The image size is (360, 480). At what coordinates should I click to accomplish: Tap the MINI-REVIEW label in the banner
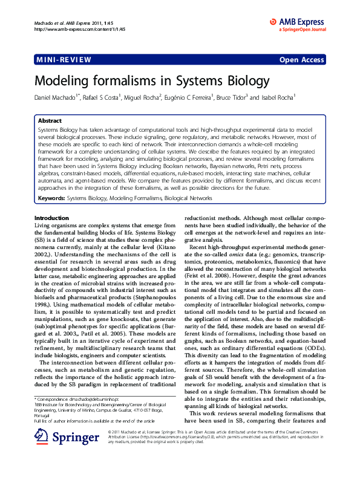[64, 59]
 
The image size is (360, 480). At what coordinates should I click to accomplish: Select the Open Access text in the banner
[301, 60]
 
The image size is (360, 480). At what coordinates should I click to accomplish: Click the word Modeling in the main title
[63, 80]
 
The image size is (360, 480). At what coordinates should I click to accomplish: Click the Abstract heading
[50, 121]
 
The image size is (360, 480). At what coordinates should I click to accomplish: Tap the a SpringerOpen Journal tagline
[302, 28]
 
